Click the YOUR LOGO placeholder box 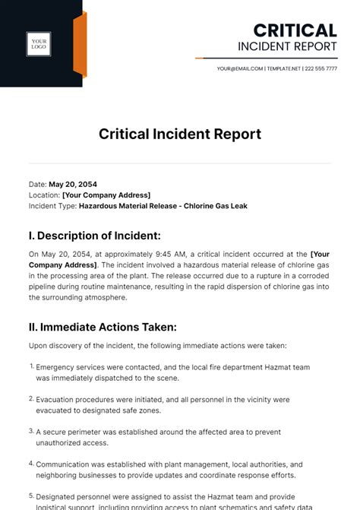click(x=39, y=45)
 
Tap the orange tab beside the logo click(x=80, y=45)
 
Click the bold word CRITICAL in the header click(x=295, y=30)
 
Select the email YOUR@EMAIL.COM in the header click(x=240, y=68)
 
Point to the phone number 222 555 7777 click(x=321, y=68)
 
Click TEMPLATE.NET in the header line click(x=283, y=68)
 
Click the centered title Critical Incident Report click(x=180, y=135)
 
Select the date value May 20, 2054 click(x=73, y=184)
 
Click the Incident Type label click(x=52, y=205)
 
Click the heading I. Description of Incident click(x=94, y=236)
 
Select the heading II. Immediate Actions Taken click(x=103, y=327)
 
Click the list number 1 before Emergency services click(x=32, y=366)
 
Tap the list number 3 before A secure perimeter click(x=32, y=431)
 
